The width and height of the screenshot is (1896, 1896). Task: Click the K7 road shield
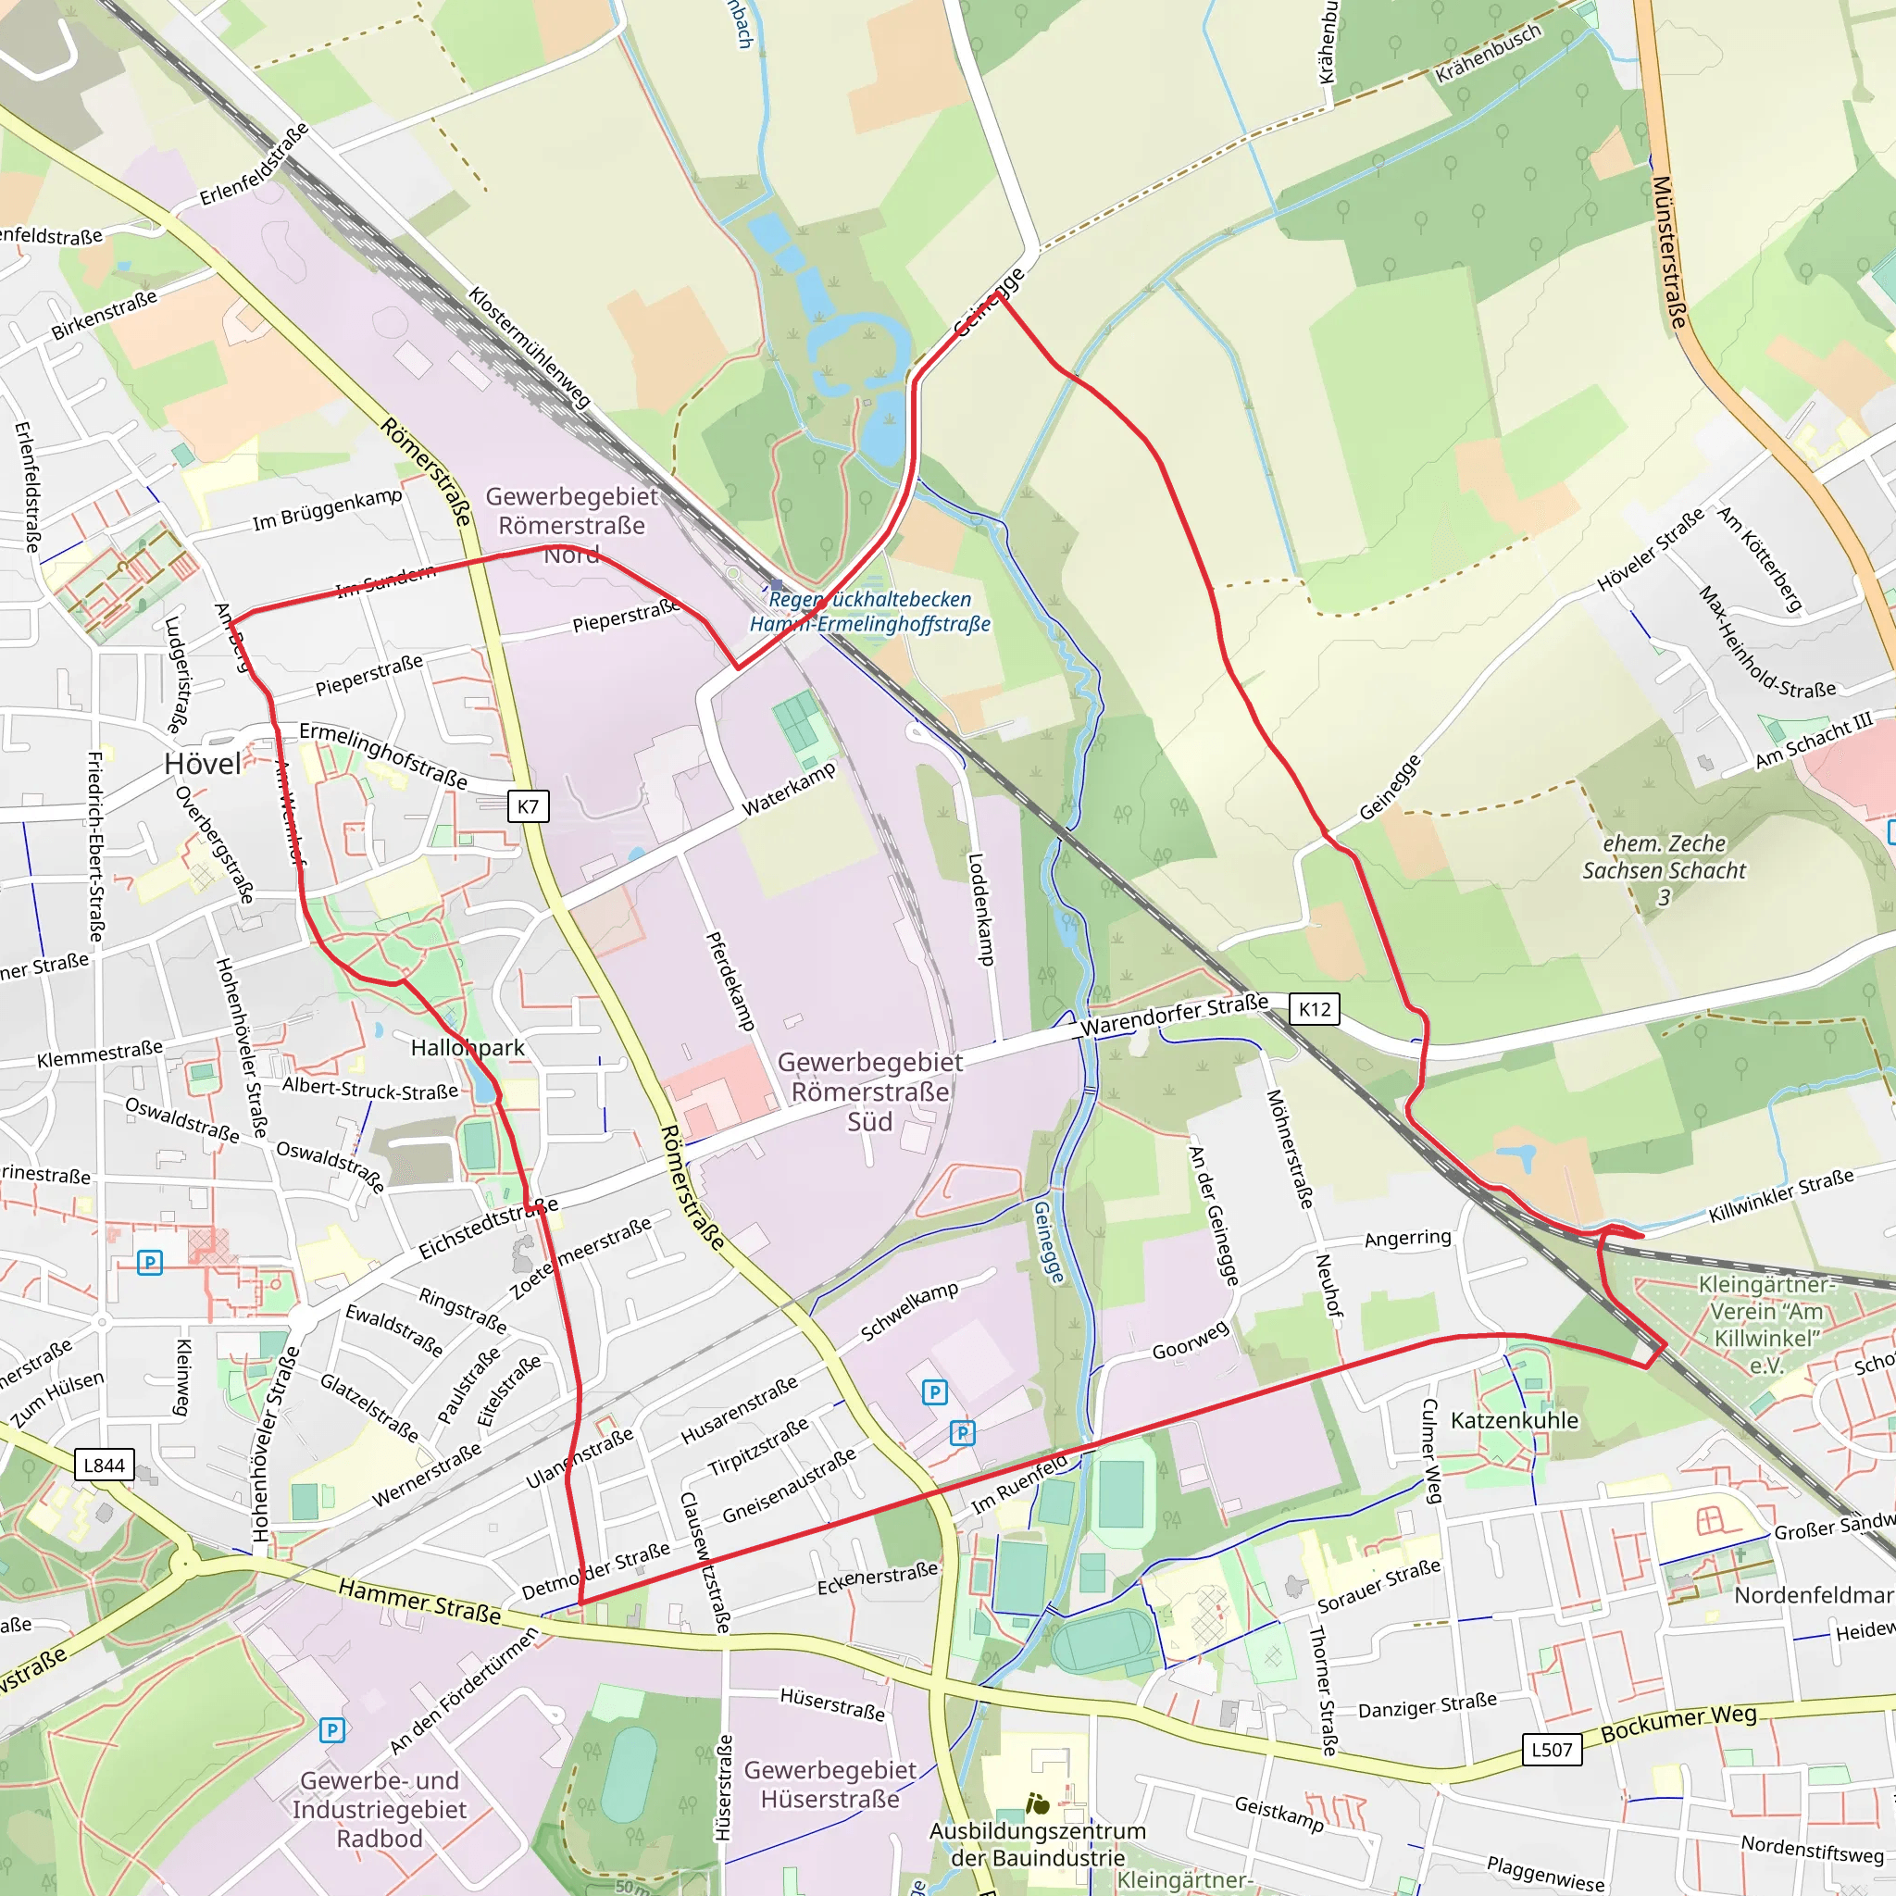point(528,806)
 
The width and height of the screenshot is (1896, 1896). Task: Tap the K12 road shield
point(1314,1009)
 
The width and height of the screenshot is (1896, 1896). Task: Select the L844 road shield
point(104,1466)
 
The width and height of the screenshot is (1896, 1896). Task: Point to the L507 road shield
point(1552,1749)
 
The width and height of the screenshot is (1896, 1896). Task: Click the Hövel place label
point(202,765)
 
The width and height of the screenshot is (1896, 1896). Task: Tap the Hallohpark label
point(468,1047)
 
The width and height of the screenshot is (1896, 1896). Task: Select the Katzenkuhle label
point(1515,1420)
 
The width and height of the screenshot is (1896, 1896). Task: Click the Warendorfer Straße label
point(1174,1015)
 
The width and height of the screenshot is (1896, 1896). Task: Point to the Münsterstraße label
point(1669,252)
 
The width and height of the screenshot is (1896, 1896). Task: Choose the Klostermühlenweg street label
point(529,347)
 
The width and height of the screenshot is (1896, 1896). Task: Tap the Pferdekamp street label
point(730,980)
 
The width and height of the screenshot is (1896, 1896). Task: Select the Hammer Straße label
point(419,1600)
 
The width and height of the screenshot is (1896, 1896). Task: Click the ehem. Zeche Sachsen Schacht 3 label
point(1664,869)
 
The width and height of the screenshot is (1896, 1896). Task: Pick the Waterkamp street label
point(788,789)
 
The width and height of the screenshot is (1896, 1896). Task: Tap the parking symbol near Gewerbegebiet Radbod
point(331,1730)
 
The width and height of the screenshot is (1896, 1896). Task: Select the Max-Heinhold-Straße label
point(1765,642)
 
